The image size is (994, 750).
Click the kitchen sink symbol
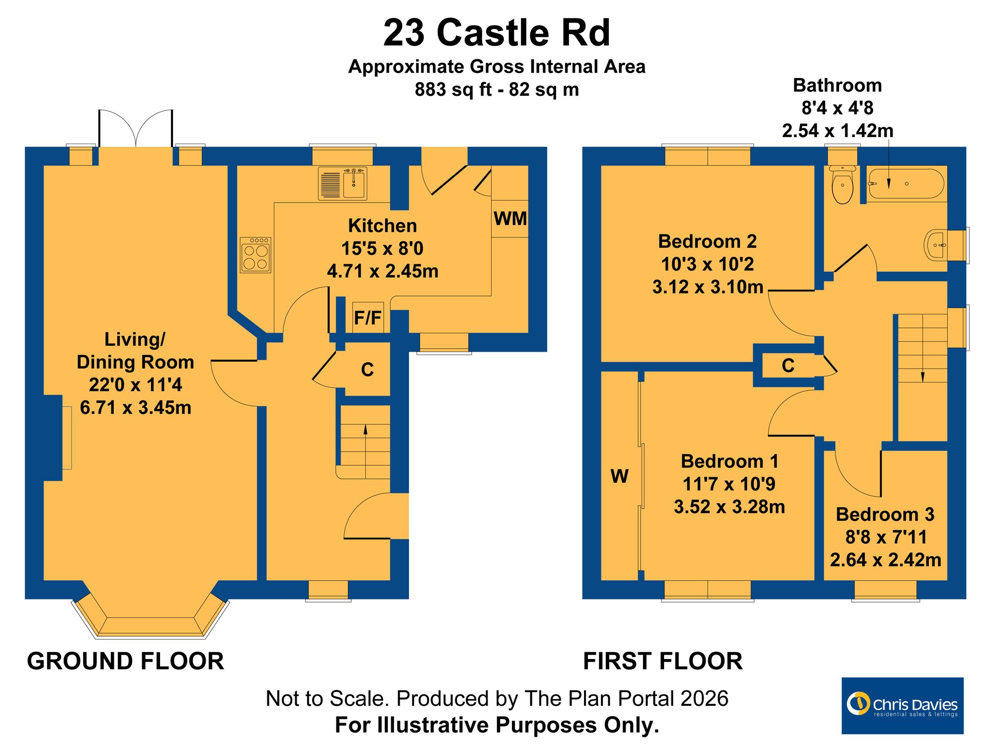tap(342, 184)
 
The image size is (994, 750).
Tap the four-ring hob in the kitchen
tap(255, 255)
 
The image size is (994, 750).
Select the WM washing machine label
tap(510, 219)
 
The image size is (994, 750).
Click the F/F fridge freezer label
tap(368, 317)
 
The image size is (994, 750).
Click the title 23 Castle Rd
tap(497, 33)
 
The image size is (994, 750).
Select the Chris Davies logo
tap(903, 705)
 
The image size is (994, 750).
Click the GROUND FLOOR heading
tap(125, 661)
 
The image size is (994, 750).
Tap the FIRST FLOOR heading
tap(663, 661)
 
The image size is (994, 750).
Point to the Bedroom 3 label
tap(885, 514)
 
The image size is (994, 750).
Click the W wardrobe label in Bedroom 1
tap(619, 476)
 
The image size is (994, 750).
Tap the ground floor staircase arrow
tap(366, 451)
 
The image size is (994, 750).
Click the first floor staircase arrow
tap(923, 348)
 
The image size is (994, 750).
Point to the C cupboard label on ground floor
tap(367, 370)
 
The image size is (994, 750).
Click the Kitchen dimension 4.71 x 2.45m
tap(383, 271)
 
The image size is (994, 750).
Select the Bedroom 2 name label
tap(707, 241)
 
